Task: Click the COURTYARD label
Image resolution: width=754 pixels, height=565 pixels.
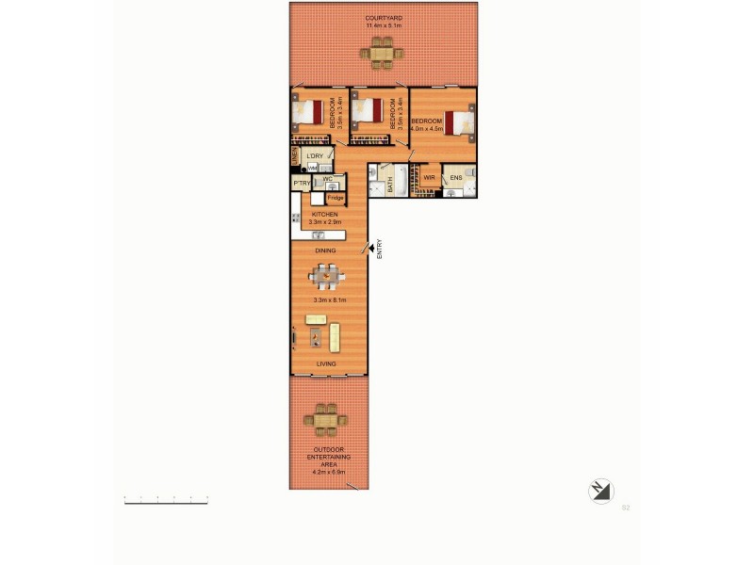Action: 383,18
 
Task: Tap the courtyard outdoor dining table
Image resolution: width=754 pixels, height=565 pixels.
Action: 383,53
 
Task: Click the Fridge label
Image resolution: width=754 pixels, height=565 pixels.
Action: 335,199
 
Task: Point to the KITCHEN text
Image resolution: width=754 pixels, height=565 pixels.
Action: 325,214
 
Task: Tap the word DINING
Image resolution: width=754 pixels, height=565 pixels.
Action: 325,250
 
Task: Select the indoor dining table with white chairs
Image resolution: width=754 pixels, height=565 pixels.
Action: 326,276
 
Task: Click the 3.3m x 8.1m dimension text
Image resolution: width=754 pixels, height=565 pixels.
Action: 329,299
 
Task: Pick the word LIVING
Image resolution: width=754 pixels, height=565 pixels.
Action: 326,363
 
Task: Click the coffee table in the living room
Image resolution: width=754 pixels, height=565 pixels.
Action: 315,333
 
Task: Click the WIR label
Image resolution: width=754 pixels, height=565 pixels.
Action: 427,177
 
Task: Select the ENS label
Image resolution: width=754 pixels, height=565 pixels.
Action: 456,177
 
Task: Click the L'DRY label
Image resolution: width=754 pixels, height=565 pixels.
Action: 314,154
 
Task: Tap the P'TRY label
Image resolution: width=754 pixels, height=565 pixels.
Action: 302,183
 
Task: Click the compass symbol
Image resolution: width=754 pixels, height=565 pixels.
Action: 599,491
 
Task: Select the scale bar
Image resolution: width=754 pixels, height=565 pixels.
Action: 165,500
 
